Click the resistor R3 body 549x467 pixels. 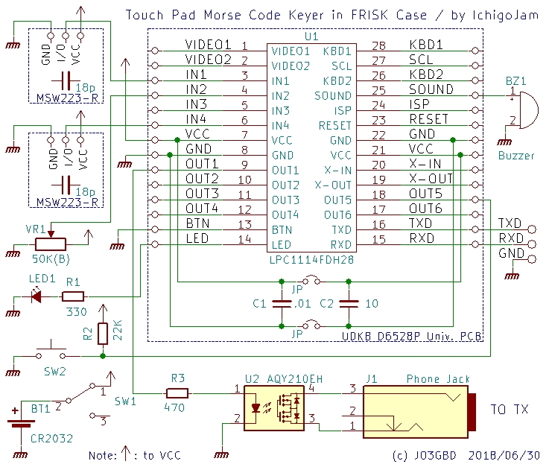pos(177,393)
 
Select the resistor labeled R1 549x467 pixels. pos(73,296)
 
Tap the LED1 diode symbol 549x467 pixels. pos(36,296)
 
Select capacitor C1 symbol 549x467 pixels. pos(282,304)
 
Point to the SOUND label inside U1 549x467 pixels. pos(332,96)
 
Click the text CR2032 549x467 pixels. pos(52,439)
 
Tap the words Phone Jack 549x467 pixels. pos(438,379)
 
